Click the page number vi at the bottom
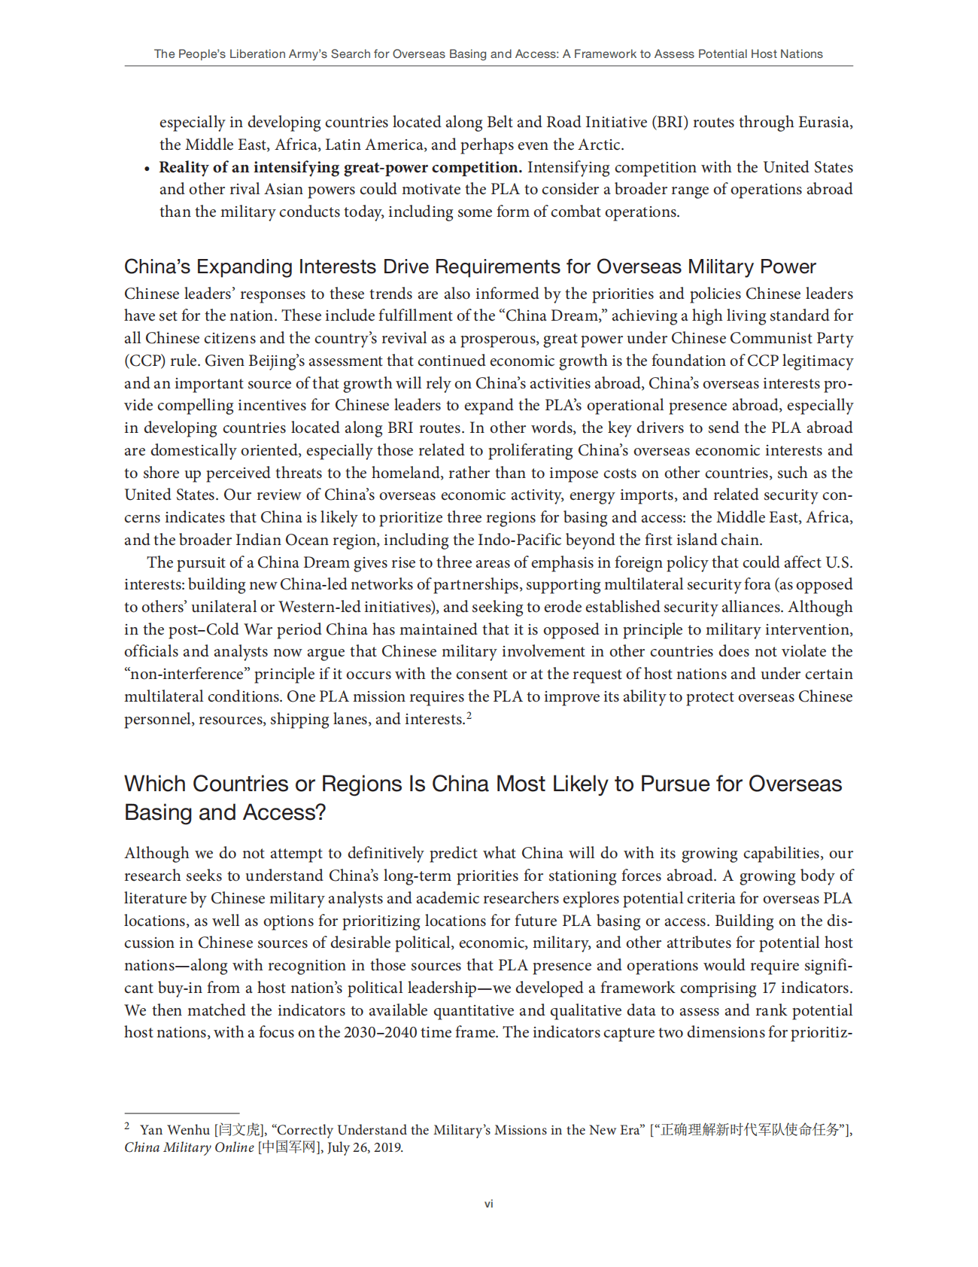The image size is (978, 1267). click(x=489, y=1204)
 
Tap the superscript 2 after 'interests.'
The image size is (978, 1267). click(x=469, y=715)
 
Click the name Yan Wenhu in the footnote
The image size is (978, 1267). click(x=175, y=1130)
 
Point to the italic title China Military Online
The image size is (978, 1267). click(x=189, y=1148)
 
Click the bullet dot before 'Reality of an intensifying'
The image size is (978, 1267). click(x=147, y=169)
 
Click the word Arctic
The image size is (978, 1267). click(x=600, y=145)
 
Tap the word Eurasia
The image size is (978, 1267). click(x=825, y=122)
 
